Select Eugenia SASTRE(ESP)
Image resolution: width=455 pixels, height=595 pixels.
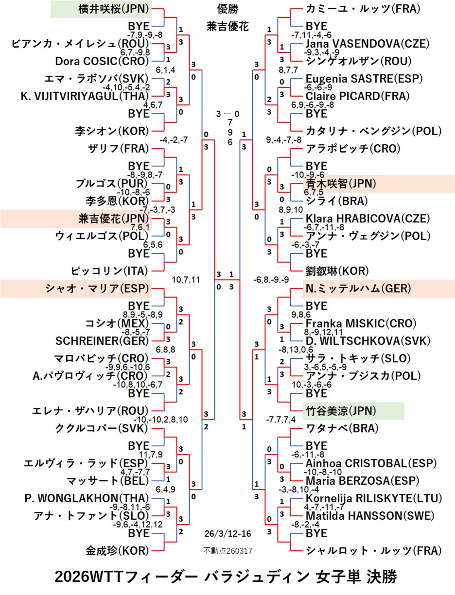(x=364, y=78)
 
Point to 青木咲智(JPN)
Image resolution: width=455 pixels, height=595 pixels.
(x=341, y=183)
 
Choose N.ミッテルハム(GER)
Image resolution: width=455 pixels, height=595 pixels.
(x=358, y=288)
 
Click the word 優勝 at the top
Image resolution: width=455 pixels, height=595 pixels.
(x=227, y=9)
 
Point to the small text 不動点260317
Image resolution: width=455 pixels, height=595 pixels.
(x=227, y=551)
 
